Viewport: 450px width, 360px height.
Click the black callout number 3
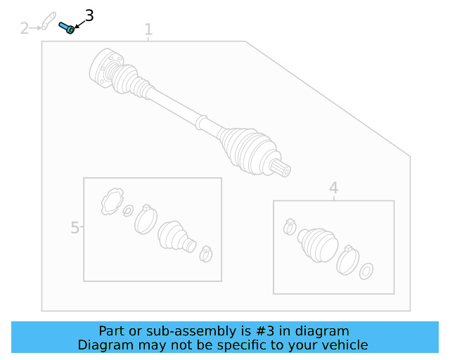89,15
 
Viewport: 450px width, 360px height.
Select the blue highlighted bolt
67,27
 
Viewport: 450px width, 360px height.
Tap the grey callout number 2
25,28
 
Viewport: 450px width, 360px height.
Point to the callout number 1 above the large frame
148,30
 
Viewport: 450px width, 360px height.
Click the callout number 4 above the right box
333,188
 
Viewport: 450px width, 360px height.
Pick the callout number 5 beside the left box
75,227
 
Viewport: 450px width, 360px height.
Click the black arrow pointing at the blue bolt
79,24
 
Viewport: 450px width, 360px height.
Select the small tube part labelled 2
49,20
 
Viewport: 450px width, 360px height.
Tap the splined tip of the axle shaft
281,167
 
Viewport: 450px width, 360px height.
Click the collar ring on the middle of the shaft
201,122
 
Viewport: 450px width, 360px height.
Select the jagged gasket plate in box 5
112,201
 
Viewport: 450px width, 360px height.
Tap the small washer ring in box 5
128,210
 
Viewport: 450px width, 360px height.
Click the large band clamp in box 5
146,219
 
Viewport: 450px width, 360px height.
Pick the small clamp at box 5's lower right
206,254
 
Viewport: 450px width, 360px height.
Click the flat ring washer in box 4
366,271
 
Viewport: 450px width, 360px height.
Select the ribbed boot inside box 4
318,244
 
